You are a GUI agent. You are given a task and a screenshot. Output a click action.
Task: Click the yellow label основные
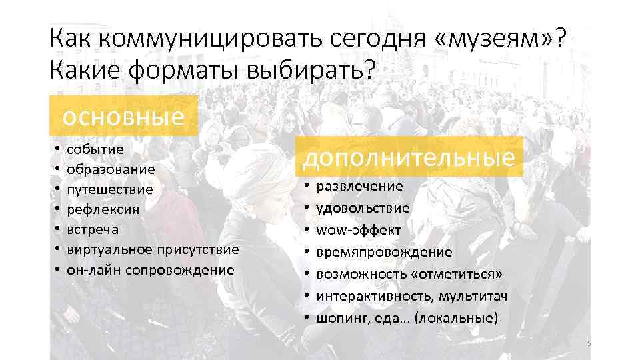(124, 116)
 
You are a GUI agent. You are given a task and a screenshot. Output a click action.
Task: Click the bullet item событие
(95, 149)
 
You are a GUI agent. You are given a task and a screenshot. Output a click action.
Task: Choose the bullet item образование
(111, 169)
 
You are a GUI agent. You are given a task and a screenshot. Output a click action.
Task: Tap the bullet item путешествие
(110, 189)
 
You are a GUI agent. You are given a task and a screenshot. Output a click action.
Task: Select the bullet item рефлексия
(103, 209)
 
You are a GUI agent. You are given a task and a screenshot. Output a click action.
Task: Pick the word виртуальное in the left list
(109, 249)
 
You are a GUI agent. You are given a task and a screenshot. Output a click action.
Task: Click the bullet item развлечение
(359, 186)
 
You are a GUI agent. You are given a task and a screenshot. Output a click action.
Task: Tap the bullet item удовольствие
(363, 208)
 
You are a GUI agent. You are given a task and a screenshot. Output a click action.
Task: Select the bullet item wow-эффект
(358, 230)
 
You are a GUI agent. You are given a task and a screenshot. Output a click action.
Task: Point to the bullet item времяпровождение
(384, 252)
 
